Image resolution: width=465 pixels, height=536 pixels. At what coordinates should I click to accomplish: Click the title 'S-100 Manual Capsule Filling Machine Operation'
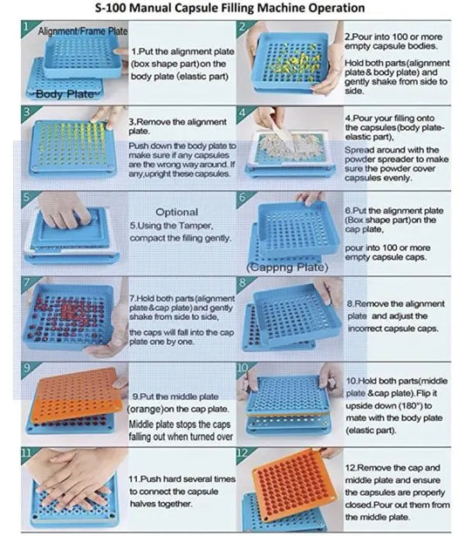pos(229,8)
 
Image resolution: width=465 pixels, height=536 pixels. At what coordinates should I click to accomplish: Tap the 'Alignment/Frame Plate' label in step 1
pos(83,31)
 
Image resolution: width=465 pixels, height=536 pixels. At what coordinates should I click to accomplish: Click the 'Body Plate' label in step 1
pos(65,94)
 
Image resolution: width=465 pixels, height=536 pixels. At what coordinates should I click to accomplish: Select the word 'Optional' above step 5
pos(176,212)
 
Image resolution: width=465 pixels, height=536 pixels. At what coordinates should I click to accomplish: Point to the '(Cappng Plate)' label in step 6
pos(287,267)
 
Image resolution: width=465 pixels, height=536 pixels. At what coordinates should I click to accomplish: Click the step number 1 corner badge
pos(27,27)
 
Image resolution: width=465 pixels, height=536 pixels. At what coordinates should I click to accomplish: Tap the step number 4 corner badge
pos(243,112)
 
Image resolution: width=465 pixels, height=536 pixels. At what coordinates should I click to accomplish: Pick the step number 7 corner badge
pos(27,283)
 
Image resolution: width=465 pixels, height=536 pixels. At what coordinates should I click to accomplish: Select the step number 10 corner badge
pos(243,369)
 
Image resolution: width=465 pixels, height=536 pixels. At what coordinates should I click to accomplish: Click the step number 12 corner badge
pos(243,453)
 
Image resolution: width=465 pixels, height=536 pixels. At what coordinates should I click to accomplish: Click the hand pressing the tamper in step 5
pos(63,209)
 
